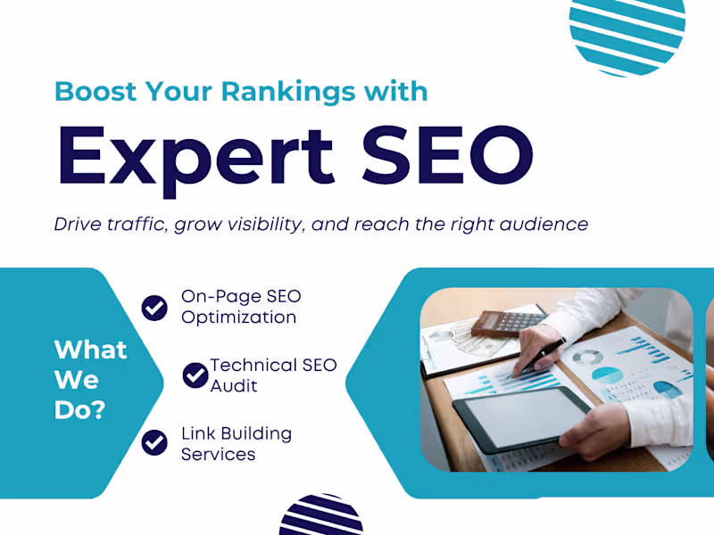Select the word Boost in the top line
pos(90,91)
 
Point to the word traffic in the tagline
pos(136,224)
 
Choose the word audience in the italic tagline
pos(547,224)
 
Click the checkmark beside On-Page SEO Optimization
pos(154,308)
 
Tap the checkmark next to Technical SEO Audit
pos(195,375)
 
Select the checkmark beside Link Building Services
pos(154,442)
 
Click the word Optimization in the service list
pos(238,317)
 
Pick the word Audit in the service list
pos(234,386)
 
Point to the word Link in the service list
pos(199,434)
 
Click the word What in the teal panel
pos(90,350)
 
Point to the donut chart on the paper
pos(585,357)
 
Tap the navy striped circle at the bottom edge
pos(321,517)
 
